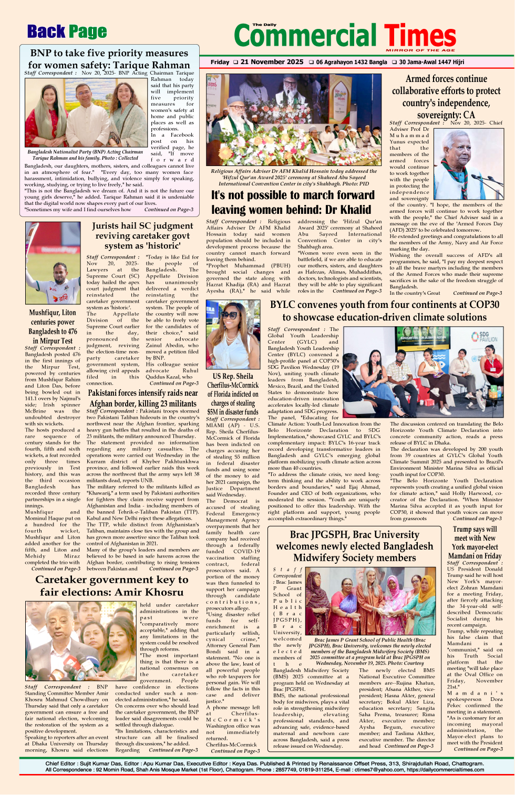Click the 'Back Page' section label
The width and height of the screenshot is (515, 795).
pos(67,32)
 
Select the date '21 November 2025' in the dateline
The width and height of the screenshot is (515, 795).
pos(272,62)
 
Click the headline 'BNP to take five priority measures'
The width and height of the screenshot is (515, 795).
pos(109,53)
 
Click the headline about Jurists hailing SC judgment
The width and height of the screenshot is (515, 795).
pos(142,235)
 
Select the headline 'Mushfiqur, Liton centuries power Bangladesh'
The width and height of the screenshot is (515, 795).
pos(53,326)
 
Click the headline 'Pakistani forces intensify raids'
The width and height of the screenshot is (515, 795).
pos(142,398)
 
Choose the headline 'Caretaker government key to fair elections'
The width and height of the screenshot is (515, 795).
pos(111,585)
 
